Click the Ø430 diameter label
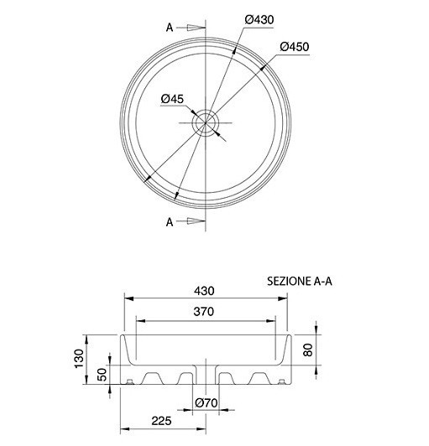(259, 20)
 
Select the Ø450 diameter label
(295, 47)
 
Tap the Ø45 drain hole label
(172, 99)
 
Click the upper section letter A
(170, 28)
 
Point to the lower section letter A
(170, 222)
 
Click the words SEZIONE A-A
(300, 282)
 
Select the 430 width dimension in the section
(204, 291)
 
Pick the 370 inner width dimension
(204, 312)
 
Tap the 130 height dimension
(79, 359)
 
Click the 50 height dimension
(102, 375)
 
